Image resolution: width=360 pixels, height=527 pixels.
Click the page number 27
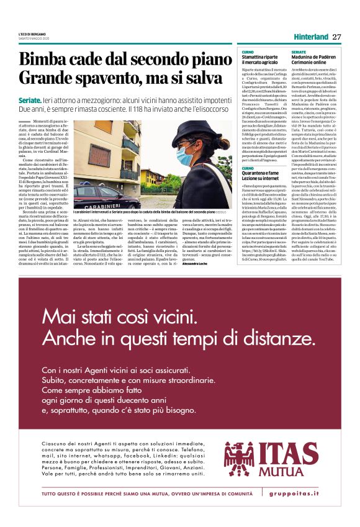point(337,37)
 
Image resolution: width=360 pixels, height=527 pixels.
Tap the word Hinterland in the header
point(310,37)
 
